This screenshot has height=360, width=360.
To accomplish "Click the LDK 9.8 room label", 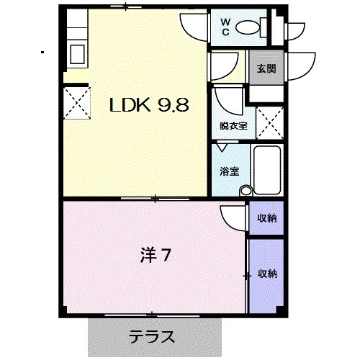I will pyautogui.click(x=148, y=106).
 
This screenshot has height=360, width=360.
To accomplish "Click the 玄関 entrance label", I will pyautogui.click(x=265, y=70).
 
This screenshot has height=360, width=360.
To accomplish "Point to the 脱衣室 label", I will pyautogui.click(x=233, y=126).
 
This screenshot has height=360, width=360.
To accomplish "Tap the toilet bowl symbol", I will pyautogui.click(x=248, y=28).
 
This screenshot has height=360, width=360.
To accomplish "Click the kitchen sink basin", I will pyautogui.click(x=76, y=53).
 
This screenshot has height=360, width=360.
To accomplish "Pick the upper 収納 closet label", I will pyautogui.click(x=267, y=217).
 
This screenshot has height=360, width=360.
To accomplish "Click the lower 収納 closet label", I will pyautogui.click(x=267, y=274).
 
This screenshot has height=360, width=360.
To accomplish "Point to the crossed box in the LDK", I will pyautogui.click(x=74, y=102).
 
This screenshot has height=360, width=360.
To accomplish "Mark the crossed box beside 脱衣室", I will pyautogui.click(x=269, y=122).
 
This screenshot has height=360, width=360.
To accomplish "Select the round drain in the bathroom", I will pyautogui.click(x=246, y=191).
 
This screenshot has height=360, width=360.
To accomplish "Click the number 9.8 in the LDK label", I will pyautogui.click(x=172, y=106).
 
